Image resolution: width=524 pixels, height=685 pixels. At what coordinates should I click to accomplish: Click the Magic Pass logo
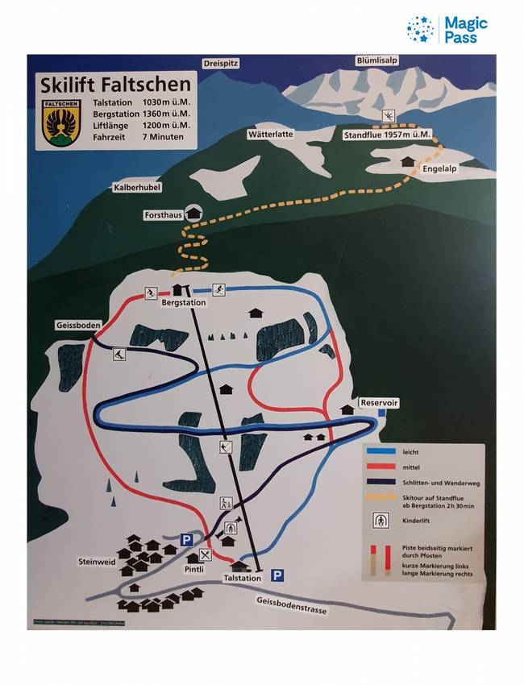coord(447,30)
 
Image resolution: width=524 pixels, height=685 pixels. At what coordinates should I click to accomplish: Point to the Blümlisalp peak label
coord(377,60)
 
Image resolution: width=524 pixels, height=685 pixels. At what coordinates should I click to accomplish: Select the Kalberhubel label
coord(138,187)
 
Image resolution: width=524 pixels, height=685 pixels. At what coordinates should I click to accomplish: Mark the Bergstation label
coord(184,303)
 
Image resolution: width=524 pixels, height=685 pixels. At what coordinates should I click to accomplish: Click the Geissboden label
coord(79,325)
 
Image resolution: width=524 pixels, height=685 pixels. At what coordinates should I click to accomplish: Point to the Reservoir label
coord(380,402)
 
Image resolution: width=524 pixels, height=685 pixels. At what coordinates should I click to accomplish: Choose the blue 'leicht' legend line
coord(384,452)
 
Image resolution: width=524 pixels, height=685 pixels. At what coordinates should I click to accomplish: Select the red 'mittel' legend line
coord(384,467)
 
